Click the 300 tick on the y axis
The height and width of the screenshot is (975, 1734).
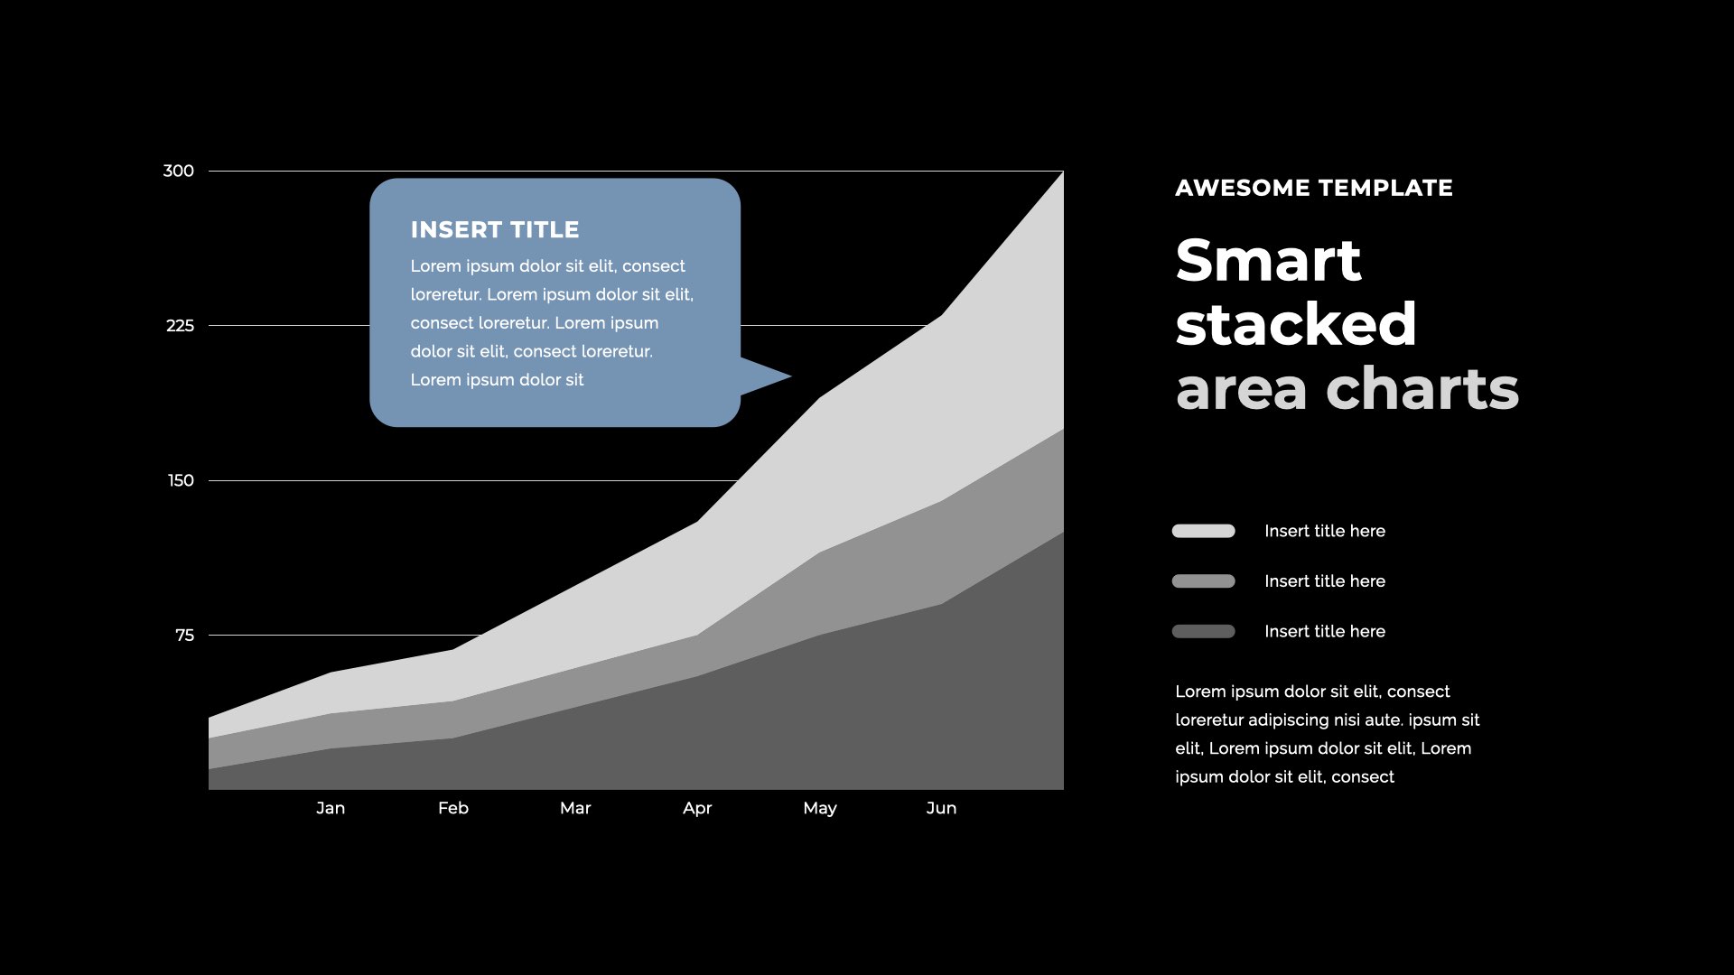point(178,171)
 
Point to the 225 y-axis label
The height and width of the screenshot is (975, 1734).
point(180,326)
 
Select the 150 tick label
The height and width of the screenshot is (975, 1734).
point(181,480)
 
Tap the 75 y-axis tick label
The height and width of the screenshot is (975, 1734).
point(184,636)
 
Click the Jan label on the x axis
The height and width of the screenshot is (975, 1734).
point(331,808)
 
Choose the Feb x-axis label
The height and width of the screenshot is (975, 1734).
point(453,808)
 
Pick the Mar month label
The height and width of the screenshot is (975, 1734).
point(575,808)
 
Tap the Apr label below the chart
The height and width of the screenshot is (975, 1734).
point(697,808)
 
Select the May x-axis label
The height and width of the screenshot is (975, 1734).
point(820,808)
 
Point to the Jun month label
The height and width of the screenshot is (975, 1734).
point(941,808)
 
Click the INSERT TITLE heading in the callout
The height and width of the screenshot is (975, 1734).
point(495,230)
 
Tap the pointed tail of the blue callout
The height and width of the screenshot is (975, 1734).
point(790,376)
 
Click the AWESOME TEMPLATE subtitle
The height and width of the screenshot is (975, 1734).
point(1314,188)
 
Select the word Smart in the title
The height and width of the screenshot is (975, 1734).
point(1268,260)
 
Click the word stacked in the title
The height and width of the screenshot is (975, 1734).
point(1296,324)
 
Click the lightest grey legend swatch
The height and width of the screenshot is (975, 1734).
point(1203,531)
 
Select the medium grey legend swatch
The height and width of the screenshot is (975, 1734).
point(1203,581)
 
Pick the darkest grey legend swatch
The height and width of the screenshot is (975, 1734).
point(1203,631)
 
